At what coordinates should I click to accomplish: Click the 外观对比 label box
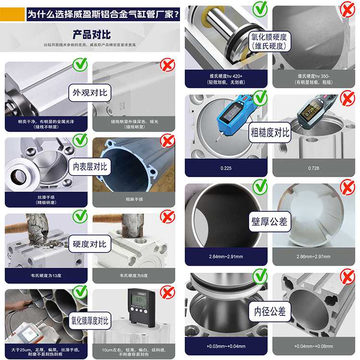(x=90, y=92)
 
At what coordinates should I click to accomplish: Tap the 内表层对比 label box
(x=90, y=167)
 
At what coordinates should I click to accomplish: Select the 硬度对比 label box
(x=90, y=243)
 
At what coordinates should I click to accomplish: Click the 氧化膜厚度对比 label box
(x=90, y=319)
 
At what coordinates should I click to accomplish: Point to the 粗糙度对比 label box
(x=270, y=132)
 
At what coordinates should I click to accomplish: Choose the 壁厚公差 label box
(x=270, y=222)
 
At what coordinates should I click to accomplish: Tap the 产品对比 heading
(x=91, y=35)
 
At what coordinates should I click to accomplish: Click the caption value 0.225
(x=226, y=168)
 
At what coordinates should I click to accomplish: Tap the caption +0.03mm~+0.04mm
(x=226, y=346)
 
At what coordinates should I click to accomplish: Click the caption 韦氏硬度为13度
(x=46, y=276)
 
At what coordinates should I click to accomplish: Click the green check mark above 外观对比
(x=80, y=64)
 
